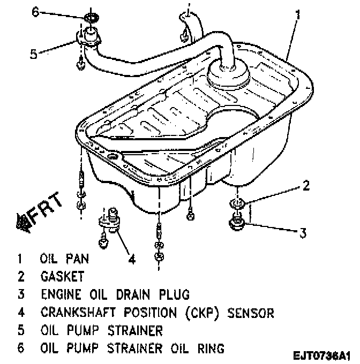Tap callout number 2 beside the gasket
pyautogui.click(x=306, y=186)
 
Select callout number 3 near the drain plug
pyautogui.click(x=303, y=232)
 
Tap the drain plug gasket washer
pyautogui.click(x=237, y=203)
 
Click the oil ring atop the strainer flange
pyautogui.click(x=92, y=19)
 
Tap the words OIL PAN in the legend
pyautogui.click(x=64, y=259)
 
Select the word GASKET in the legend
pyautogui.click(x=62, y=277)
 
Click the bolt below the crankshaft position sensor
pyautogui.click(x=102, y=244)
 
